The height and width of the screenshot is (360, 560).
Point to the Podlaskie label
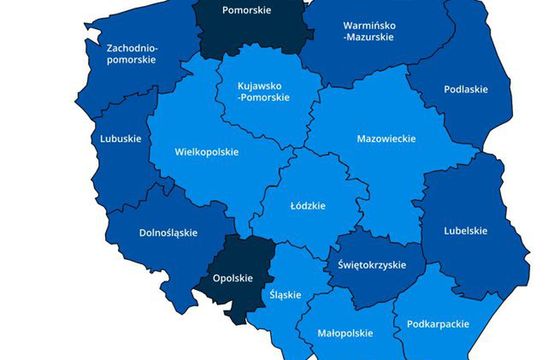click(466, 89)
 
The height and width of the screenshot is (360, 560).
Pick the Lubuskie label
click(121, 139)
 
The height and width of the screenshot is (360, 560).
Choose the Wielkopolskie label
click(207, 154)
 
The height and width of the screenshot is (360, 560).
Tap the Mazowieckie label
click(387, 139)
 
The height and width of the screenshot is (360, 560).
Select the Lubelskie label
click(465, 230)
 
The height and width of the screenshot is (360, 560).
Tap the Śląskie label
click(285, 295)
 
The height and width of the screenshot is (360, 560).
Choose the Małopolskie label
click(345, 333)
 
